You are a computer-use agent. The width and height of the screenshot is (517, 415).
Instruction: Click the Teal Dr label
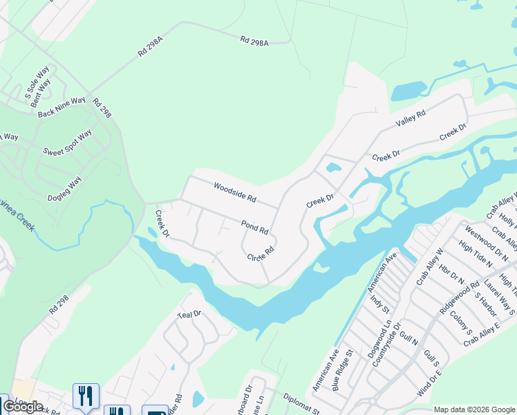point(188,314)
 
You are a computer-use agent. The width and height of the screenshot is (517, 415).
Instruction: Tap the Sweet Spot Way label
point(67,142)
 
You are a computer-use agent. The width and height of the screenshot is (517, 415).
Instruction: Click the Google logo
point(23,407)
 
